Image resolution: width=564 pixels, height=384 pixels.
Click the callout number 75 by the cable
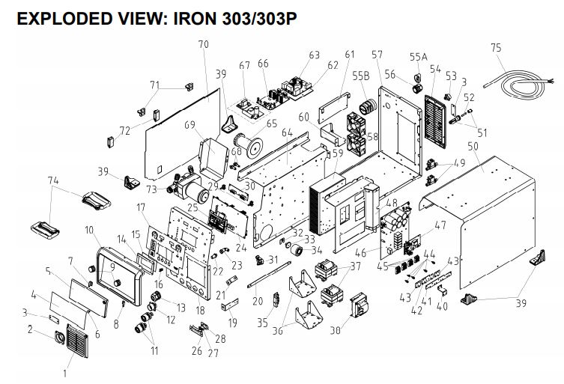[x=495, y=47]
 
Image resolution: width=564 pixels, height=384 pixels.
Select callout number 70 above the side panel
[x=203, y=45]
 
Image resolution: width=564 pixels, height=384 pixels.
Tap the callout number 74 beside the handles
[x=52, y=180]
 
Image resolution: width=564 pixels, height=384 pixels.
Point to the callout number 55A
[x=419, y=57]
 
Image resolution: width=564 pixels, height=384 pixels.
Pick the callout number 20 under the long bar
[x=258, y=302]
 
